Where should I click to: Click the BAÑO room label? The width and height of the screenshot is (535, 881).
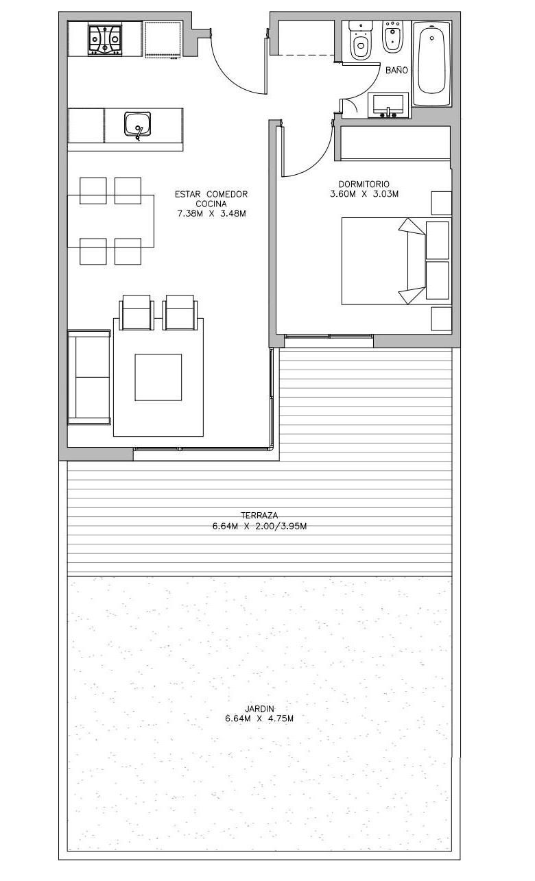[396, 71]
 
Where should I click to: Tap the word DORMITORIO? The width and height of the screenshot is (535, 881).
[364, 184]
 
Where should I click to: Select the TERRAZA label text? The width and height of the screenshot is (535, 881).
[259, 515]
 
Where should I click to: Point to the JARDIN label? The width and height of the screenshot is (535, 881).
[259, 709]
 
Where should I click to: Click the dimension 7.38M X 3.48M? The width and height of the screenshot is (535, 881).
[212, 214]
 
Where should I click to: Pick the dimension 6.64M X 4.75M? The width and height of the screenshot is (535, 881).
[259, 719]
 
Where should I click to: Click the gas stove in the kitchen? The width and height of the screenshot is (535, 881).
[105, 39]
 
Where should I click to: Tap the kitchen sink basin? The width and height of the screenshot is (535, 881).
[137, 124]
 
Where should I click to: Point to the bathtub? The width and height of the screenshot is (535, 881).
[431, 63]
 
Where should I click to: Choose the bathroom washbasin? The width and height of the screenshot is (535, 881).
[388, 106]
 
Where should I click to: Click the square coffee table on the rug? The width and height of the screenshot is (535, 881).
[158, 377]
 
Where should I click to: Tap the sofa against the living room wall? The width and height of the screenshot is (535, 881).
[89, 378]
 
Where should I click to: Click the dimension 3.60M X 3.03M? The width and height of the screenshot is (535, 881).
[364, 194]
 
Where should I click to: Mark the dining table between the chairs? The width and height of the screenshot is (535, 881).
[110, 221]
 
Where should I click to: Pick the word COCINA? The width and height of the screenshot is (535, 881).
[211, 204]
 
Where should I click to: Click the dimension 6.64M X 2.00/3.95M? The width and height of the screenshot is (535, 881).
[259, 527]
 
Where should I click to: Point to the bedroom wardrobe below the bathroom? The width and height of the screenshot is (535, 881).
[395, 143]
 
